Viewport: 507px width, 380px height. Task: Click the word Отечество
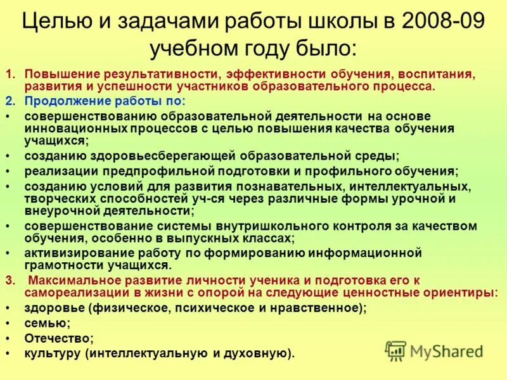point(58,338)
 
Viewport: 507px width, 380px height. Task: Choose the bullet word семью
point(46,323)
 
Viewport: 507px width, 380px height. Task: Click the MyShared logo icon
point(396,351)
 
